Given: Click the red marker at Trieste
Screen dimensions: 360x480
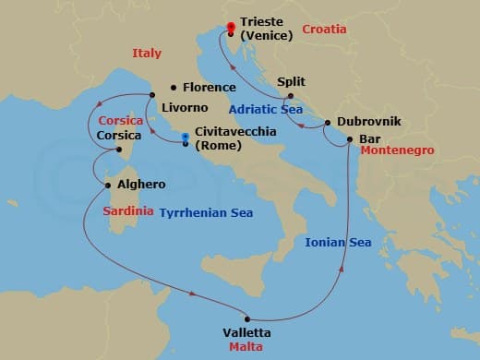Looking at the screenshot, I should click(231, 27).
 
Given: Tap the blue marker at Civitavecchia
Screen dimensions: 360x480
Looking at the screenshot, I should click(186, 138).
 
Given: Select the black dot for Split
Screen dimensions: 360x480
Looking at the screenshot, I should click(291, 96).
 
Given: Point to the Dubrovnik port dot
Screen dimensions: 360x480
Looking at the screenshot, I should click(328, 122).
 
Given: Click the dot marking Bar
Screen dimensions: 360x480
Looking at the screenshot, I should click(348, 139).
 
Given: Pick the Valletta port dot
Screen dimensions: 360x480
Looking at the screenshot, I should click(247, 319).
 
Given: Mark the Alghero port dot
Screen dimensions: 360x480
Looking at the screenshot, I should click(108, 185).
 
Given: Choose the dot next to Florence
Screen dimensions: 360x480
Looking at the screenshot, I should click(174, 88).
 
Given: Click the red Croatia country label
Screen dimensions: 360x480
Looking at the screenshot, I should click(324, 30).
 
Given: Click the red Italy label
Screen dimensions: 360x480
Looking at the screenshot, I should click(147, 53).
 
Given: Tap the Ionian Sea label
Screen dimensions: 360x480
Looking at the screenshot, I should click(338, 243).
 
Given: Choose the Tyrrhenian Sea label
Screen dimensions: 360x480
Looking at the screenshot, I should click(206, 212).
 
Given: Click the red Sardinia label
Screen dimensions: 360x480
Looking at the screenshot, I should click(128, 211).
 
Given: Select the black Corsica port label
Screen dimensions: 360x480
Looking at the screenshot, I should click(119, 136).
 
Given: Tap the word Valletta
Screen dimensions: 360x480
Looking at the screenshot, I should click(247, 332).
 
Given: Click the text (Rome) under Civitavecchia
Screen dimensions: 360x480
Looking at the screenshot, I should click(219, 146).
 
